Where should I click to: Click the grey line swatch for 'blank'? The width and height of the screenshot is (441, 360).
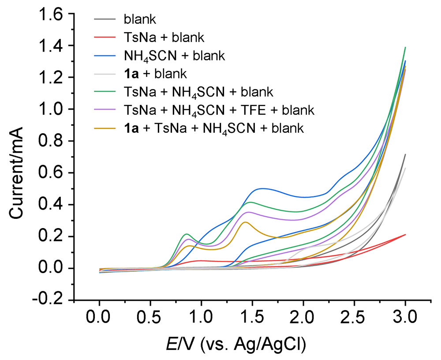pyautogui.click(x=105, y=19)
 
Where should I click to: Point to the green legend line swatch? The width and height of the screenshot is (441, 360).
pyautogui.click(x=105, y=92)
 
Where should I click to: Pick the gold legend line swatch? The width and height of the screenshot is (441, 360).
pyautogui.click(x=105, y=128)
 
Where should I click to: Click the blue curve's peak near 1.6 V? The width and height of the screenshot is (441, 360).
pyautogui.click(x=263, y=188)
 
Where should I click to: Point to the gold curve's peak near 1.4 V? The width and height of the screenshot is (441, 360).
pyautogui.click(x=245, y=222)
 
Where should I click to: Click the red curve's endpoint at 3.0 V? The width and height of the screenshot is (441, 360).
pyautogui.click(x=405, y=235)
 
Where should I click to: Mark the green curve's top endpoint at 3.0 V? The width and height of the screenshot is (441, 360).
pyautogui.click(x=405, y=47)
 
